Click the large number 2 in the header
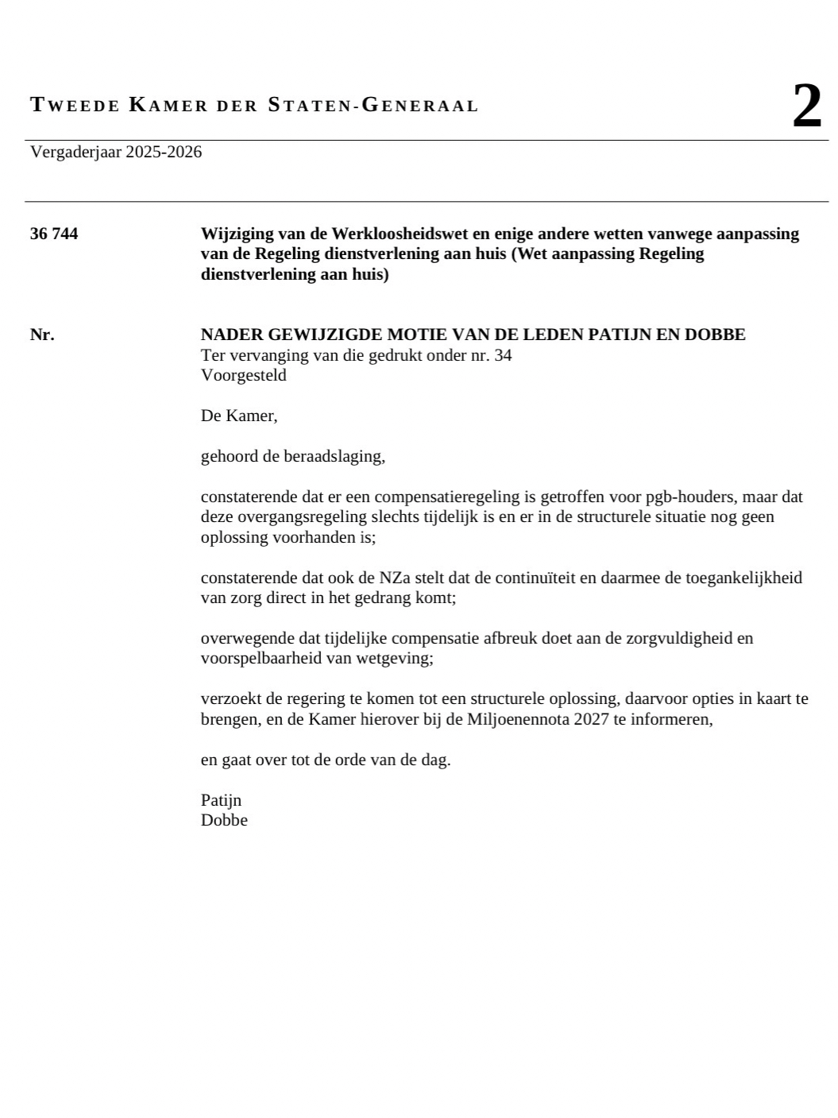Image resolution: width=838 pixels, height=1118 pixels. pos(806,106)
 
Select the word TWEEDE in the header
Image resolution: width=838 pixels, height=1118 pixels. pos(75,105)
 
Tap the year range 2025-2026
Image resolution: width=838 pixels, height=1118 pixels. pos(164,152)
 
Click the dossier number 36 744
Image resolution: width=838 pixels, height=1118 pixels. pos(54,234)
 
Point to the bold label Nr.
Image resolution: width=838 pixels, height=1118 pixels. pos(42,335)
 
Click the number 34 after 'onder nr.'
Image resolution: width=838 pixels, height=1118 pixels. pos(503,355)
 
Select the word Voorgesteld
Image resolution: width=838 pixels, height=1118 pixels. pos(243,375)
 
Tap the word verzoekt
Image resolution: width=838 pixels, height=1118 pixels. pos(228,699)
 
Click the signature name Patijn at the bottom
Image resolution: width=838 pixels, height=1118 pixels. pos(221,800)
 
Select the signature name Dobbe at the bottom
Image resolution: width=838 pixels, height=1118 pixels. pos(224,821)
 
